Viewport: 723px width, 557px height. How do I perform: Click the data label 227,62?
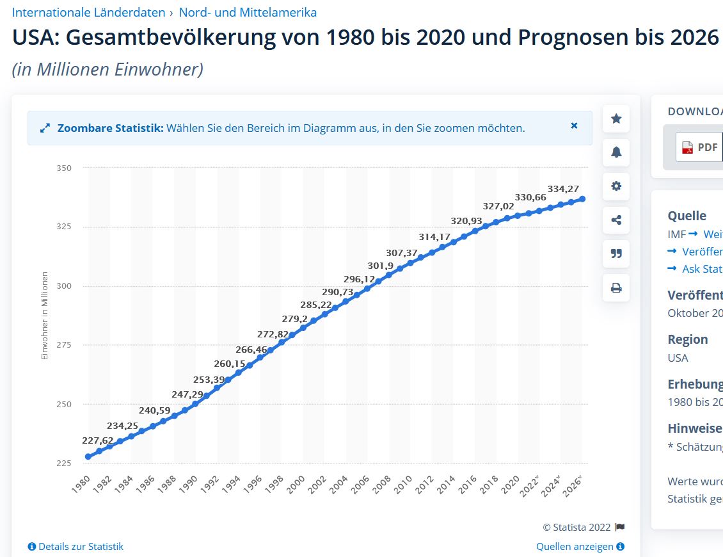98,440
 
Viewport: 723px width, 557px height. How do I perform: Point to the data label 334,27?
563,189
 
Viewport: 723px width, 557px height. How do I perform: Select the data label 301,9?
381,266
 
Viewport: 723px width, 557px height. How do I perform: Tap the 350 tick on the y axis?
64,168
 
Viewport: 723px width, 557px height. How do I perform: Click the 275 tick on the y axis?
64,345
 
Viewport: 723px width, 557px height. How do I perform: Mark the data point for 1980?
88,456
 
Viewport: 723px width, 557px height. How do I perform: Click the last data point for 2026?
582,199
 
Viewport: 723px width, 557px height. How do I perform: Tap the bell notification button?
616,152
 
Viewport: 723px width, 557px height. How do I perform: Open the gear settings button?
616,186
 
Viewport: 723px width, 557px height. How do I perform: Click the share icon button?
616,220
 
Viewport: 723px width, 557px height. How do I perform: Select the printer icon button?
616,288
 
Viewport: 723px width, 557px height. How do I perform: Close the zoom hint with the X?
574,126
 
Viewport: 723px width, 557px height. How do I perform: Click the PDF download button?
699,147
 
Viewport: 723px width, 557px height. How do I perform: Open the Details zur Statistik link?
76,547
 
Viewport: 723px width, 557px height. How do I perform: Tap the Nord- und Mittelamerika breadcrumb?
248,12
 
